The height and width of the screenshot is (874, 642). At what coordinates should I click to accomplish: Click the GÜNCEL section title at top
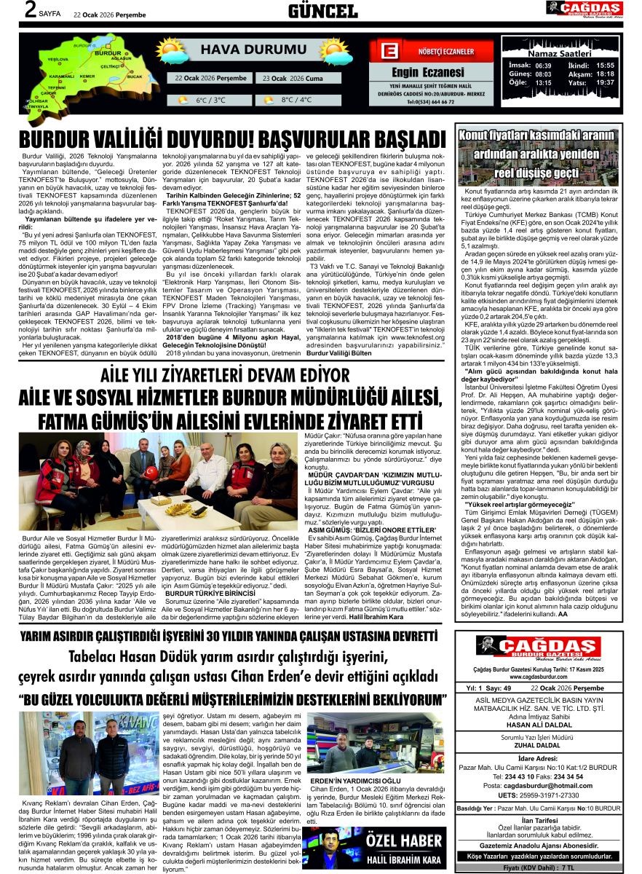[x=322, y=11]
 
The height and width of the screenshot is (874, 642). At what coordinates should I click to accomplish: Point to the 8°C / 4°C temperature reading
[x=296, y=100]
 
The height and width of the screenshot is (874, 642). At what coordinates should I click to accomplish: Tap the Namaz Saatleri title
[x=558, y=55]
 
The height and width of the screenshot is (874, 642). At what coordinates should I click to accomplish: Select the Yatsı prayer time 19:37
[x=605, y=83]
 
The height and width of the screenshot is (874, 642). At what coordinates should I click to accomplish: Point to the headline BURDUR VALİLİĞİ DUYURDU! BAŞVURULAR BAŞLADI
[x=231, y=139]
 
